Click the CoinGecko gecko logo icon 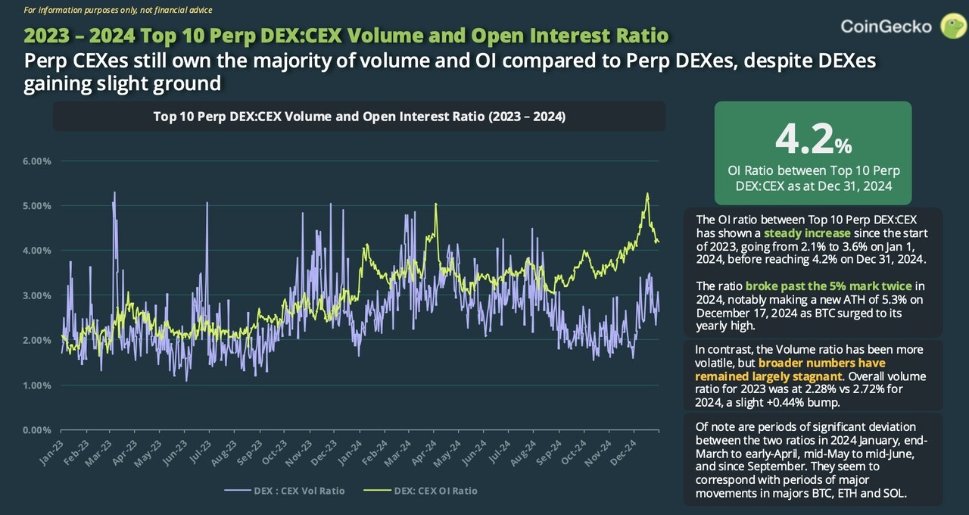pos(952,26)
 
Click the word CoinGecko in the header pos(886,27)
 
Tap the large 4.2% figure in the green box pos(813,138)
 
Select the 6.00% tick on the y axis pos(36,161)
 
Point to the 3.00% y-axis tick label pos(36,295)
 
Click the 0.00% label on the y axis pos(36,430)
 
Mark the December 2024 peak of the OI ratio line pos(647,194)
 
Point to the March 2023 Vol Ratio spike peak pos(114,192)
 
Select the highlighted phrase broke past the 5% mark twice pos(829,286)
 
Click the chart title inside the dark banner pos(359,117)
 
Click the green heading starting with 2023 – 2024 pos(346,36)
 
